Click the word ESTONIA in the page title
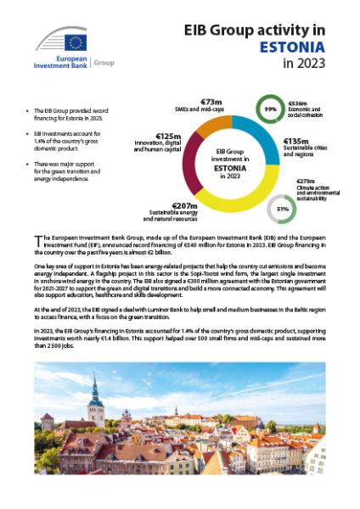click(x=292, y=46)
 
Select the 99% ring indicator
click(x=271, y=109)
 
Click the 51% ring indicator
click(x=282, y=209)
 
